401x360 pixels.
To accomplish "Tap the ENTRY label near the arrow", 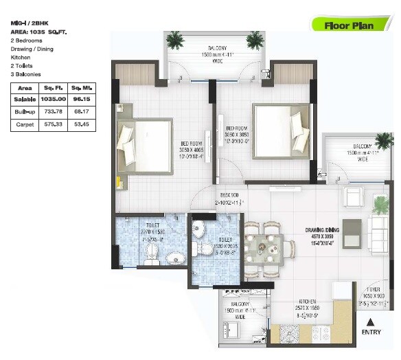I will click(371, 333).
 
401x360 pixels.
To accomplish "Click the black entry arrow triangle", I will click(371, 321).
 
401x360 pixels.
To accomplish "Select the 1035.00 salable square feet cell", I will click(53, 100).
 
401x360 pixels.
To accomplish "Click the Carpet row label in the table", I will click(25, 125).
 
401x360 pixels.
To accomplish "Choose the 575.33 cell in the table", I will click(53, 125).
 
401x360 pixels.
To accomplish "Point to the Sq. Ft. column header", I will click(53, 88).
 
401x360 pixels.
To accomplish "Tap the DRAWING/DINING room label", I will click(323, 230).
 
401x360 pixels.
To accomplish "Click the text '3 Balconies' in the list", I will click(27, 74).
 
